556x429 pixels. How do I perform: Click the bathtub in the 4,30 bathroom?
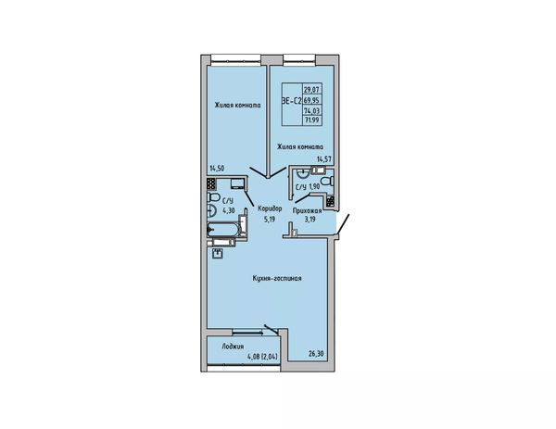tap(223, 230)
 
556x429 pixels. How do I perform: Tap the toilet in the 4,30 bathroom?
tap(213, 196)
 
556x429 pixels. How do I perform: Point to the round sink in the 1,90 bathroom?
tap(302, 173)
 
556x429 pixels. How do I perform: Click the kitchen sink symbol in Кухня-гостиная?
tap(218, 254)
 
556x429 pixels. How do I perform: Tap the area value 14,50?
tap(217, 169)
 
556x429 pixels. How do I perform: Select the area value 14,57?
tap(323, 159)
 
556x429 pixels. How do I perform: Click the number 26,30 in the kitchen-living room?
tap(315, 353)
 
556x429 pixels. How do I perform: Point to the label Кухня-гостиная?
tap(277, 278)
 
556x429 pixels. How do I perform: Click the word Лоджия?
tap(233, 347)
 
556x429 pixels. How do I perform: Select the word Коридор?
tap(271, 208)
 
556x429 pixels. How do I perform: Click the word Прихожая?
tap(307, 211)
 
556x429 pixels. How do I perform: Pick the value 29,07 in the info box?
tap(310, 89)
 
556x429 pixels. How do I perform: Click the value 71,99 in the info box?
tap(311, 120)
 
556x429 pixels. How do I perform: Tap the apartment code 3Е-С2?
tap(292, 101)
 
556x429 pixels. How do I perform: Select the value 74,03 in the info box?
tap(311, 111)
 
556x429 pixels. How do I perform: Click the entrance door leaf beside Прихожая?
tap(343, 224)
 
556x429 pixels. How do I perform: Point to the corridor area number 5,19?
tap(270, 219)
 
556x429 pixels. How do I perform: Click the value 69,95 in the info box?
tap(311, 100)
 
